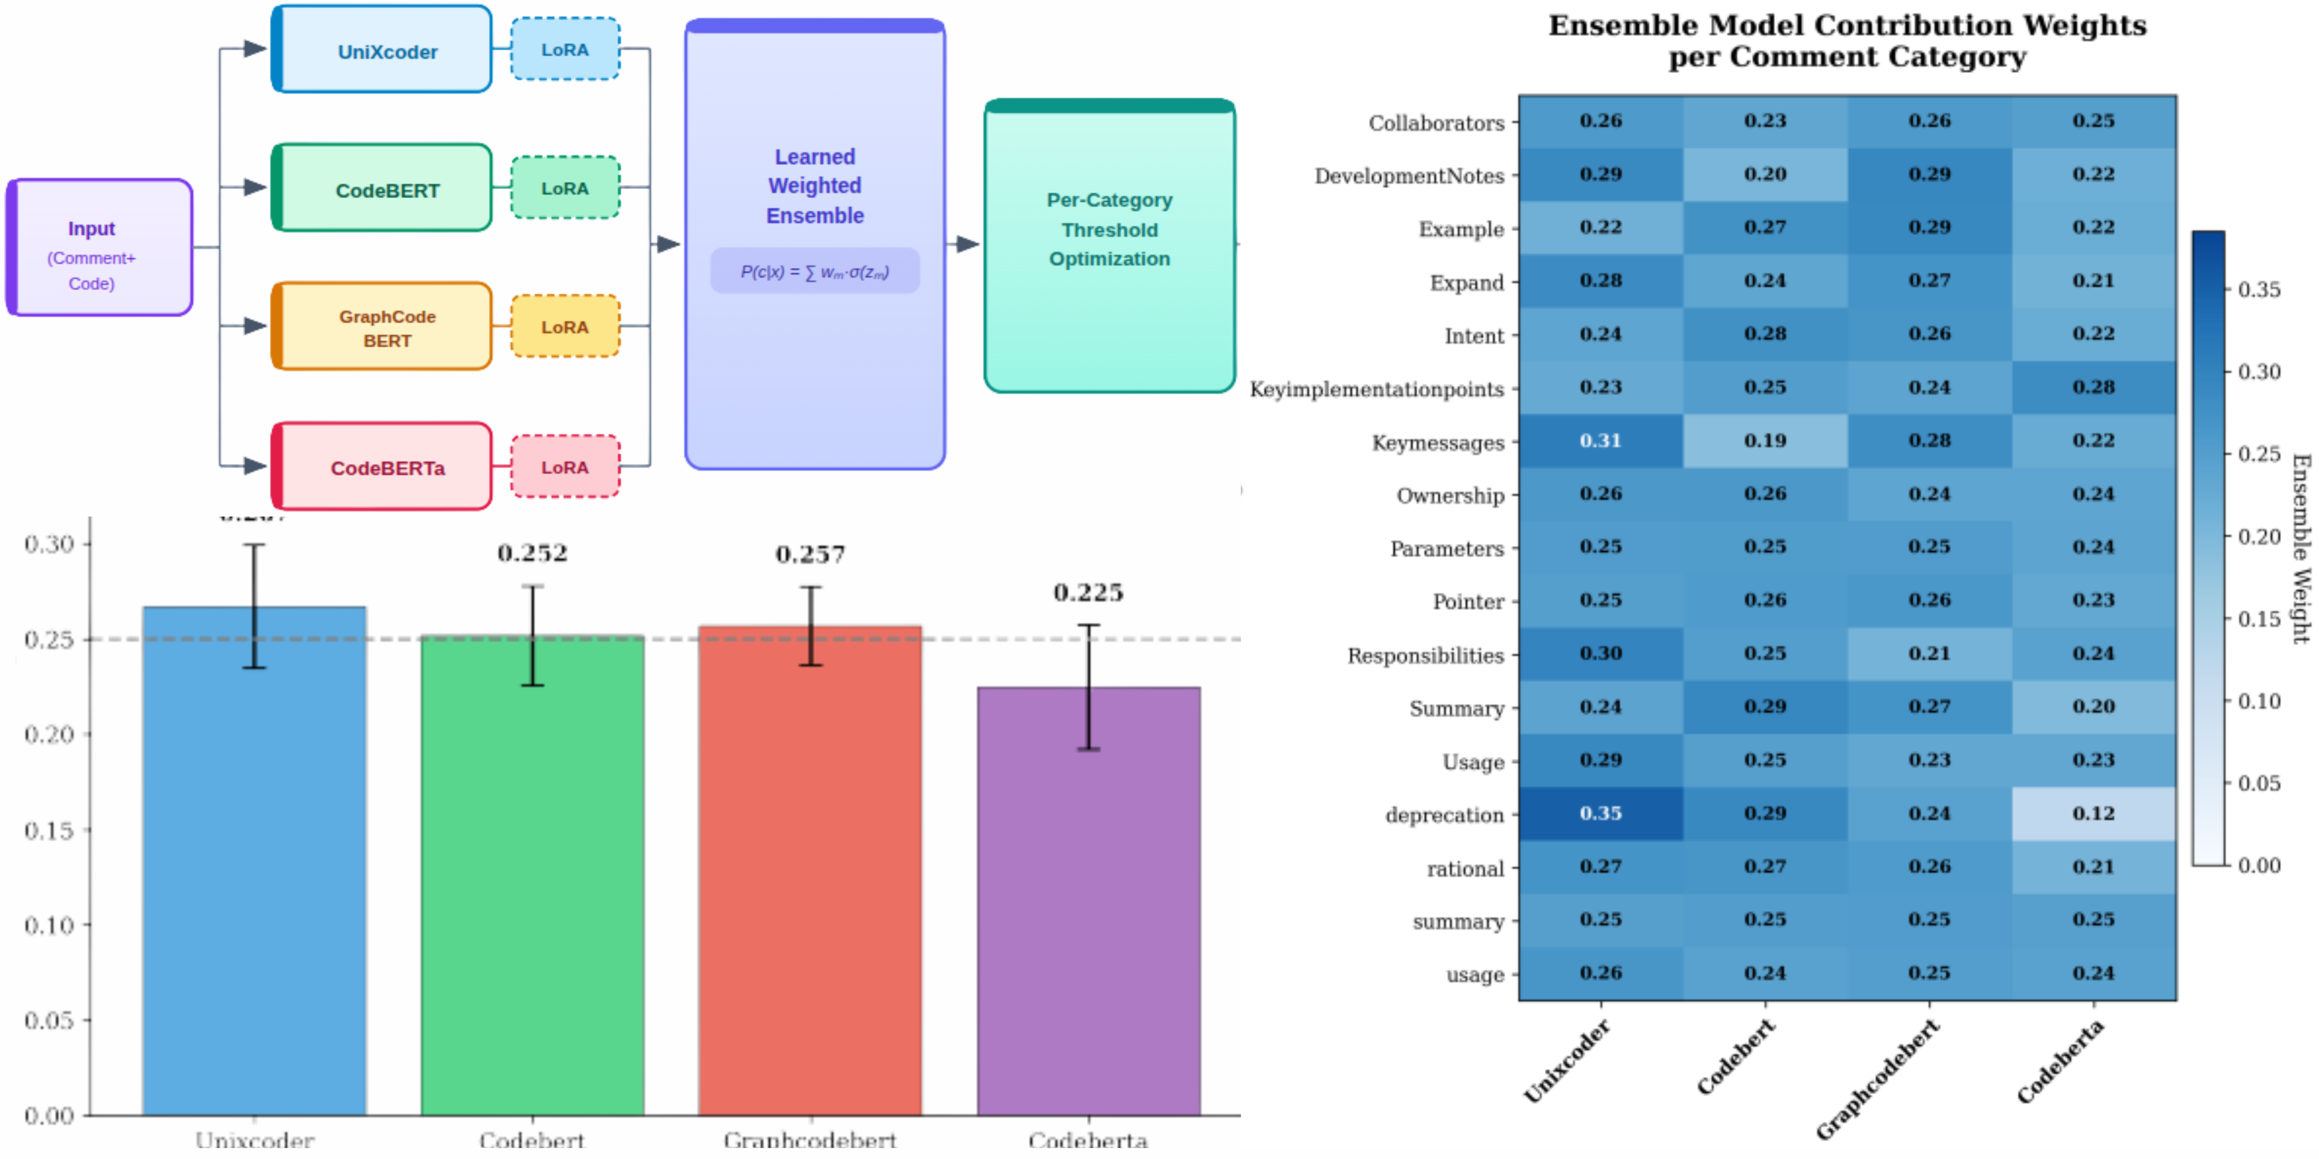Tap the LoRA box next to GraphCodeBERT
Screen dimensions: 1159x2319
click(564, 326)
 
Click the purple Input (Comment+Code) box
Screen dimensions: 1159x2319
click(99, 248)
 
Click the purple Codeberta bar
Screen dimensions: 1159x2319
click(1088, 900)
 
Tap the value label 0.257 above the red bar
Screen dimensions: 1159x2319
click(810, 554)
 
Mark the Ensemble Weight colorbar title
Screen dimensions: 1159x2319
click(2300, 549)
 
